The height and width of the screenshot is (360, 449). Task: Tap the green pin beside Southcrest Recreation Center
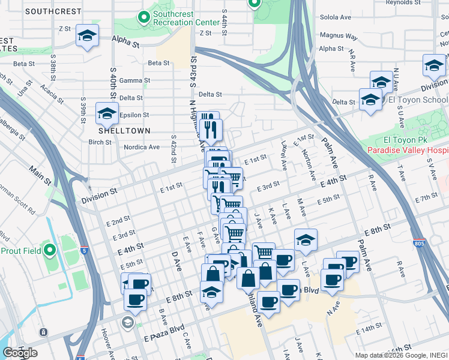coord(144,18)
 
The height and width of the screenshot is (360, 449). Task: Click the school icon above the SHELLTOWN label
coord(107,112)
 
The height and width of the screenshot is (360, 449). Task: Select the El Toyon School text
coord(418,100)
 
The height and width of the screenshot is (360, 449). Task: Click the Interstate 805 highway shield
coord(419,244)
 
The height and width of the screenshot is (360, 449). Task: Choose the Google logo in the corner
coord(20,353)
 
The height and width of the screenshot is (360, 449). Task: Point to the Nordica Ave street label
coord(141,147)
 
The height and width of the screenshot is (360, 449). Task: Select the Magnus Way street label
coord(339,36)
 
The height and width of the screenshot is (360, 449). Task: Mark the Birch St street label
coord(100,142)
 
